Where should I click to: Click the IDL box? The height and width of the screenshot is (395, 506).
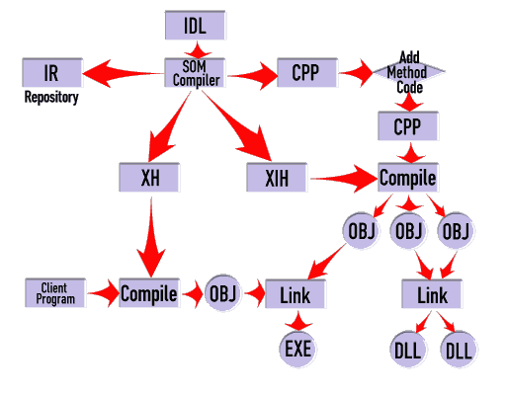(x=196, y=26)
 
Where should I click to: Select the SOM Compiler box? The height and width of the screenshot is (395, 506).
(x=195, y=73)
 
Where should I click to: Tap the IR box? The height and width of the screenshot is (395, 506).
(x=52, y=73)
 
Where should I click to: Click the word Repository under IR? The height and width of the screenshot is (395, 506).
(x=51, y=98)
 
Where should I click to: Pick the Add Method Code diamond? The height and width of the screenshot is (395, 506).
(x=408, y=72)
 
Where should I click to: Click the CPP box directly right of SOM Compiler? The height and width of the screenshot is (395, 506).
(x=307, y=73)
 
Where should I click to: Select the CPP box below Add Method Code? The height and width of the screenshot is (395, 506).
(x=408, y=126)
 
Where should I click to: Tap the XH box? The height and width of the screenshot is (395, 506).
(x=149, y=177)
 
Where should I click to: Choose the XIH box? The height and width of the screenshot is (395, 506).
(x=277, y=177)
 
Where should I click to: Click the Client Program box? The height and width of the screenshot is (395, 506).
(x=55, y=293)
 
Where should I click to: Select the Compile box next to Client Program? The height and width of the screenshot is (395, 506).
(x=149, y=293)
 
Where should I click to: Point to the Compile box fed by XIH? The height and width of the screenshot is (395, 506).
(x=408, y=177)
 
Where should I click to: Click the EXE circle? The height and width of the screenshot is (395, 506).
(x=297, y=349)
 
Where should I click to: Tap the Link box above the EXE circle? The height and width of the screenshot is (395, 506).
(x=295, y=294)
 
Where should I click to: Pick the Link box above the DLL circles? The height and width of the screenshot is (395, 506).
(x=432, y=294)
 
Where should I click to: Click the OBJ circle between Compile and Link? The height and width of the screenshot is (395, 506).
(x=223, y=292)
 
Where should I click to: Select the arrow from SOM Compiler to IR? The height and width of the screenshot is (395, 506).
(x=124, y=73)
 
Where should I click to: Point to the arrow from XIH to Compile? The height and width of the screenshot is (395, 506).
(x=344, y=179)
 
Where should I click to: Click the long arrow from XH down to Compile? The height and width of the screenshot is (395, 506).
(x=151, y=237)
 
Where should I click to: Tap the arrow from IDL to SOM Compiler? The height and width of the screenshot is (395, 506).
(x=197, y=50)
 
